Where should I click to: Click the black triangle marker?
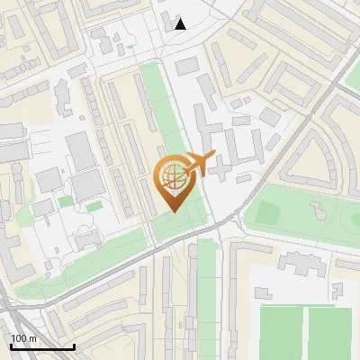[181, 23]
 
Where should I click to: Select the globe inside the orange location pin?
[173, 178]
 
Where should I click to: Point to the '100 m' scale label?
[23, 338]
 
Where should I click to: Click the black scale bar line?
[42, 346]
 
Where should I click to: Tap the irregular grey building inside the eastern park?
[320, 210]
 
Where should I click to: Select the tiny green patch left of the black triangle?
[130, 47]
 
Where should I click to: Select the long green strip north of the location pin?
[162, 108]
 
